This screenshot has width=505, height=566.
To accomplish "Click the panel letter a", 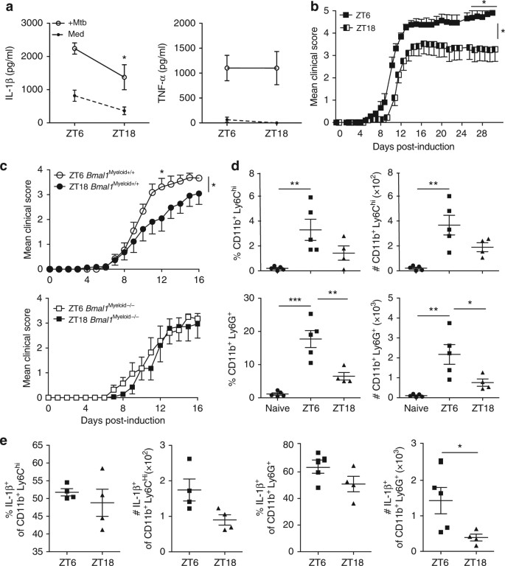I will point(7,7).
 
